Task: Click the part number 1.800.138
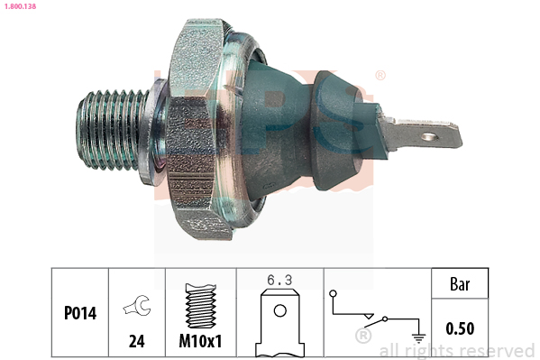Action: (20, 6)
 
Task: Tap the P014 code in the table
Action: (80, 313)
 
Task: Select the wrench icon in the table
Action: (137, 305)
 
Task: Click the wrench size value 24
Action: (137, 341)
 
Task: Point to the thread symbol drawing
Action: (201, 306)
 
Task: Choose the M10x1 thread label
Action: (200, 341)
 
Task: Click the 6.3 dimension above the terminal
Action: (279, 280)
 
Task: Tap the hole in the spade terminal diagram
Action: (280, 310)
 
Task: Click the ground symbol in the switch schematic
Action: (418, 338)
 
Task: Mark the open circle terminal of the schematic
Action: (333, 294)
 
